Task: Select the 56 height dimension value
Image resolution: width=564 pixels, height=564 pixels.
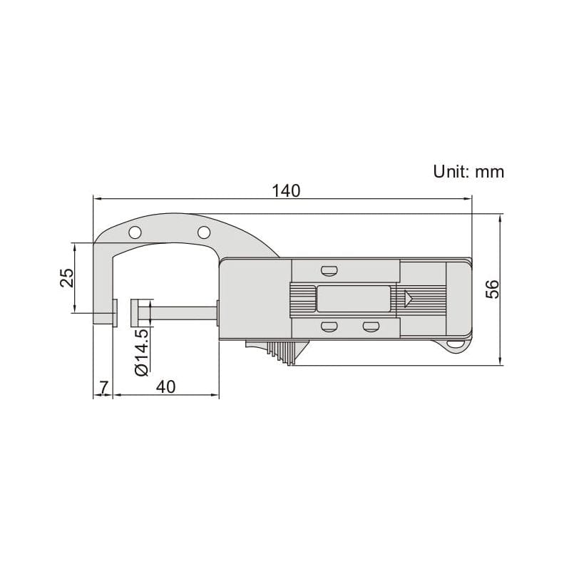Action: (x=492, y=289)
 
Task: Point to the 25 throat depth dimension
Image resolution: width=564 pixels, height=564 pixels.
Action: (x=66, y=277)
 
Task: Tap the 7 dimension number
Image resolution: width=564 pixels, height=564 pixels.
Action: (x=103, y=386)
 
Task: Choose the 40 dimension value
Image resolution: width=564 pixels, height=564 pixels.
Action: (x=165, y=386)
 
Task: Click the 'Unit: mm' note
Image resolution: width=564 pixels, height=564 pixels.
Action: (x=468, y=171)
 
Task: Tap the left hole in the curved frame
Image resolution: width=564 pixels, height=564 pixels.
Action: (x=134, y=232)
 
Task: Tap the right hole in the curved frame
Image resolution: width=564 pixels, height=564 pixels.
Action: (x=203, y=232)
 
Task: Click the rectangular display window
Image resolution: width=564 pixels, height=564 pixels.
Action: (x=353, y=299)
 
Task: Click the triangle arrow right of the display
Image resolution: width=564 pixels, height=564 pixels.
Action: (x=409, y=299)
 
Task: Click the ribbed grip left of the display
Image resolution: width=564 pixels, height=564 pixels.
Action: (x=302, y=299)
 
